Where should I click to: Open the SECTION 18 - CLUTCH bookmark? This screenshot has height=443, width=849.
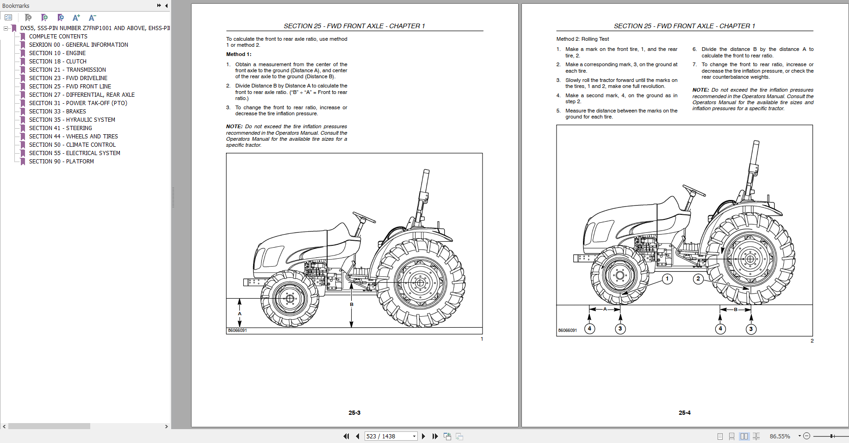coord(57,62)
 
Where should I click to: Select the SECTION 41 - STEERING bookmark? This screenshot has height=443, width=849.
coord(60,128)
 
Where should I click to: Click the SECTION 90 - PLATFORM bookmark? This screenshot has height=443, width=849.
coord(61,162)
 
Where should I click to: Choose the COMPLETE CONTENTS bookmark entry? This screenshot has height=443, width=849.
coord(58,37)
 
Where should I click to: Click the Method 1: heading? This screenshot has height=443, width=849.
coord(238,54)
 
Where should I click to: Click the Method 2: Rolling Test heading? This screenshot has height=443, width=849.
coord(582,39)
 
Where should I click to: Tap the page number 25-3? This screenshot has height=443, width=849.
coord(354,412)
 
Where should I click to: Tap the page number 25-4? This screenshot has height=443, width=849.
coord(684,412)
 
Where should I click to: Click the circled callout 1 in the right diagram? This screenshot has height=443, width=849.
coord(667,279)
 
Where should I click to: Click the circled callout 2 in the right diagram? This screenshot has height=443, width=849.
coord(698,279)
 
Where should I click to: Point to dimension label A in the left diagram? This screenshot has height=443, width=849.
coord(240,313)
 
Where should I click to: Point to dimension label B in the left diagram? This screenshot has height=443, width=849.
coord(352,304)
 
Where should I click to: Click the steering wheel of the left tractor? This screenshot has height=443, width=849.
coord(364,217)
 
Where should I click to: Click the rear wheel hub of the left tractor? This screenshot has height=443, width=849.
coord(420,283)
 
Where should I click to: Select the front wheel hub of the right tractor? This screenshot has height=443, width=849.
coord(620,275)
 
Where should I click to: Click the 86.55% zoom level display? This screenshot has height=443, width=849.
coord(780,436)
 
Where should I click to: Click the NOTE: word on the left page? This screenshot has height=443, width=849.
coord(234,126)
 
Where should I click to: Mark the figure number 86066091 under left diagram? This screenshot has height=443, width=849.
coord(237,331)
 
